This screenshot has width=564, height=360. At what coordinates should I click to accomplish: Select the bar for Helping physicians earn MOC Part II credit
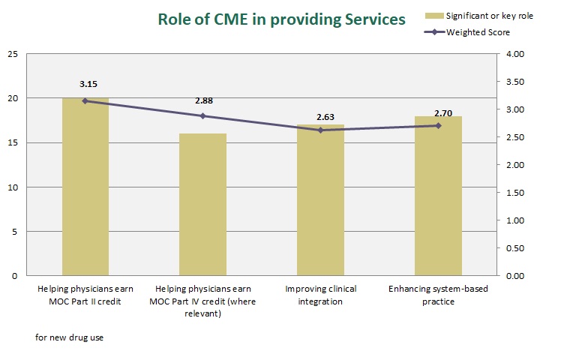pos(85,187)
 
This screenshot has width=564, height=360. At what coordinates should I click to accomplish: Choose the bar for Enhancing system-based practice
pos(438,196)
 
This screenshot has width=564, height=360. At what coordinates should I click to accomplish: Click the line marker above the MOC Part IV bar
pos(202,116)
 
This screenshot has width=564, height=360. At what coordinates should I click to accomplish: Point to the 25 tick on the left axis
pos(12,54)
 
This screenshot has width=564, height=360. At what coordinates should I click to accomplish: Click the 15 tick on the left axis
pos(12,142)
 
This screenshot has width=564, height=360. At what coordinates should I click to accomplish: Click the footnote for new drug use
pos(69,337)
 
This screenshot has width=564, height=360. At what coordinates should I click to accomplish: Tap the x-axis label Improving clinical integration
pos(320,295)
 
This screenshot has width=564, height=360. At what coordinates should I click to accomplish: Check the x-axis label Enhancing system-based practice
pos(438,295)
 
